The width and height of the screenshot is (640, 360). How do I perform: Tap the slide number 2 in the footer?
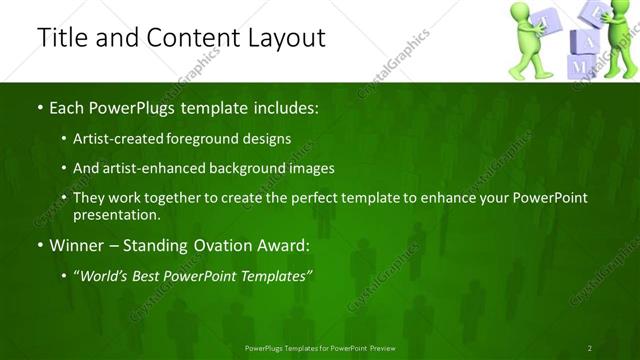(589, 348)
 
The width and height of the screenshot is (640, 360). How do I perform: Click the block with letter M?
(580, 65)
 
